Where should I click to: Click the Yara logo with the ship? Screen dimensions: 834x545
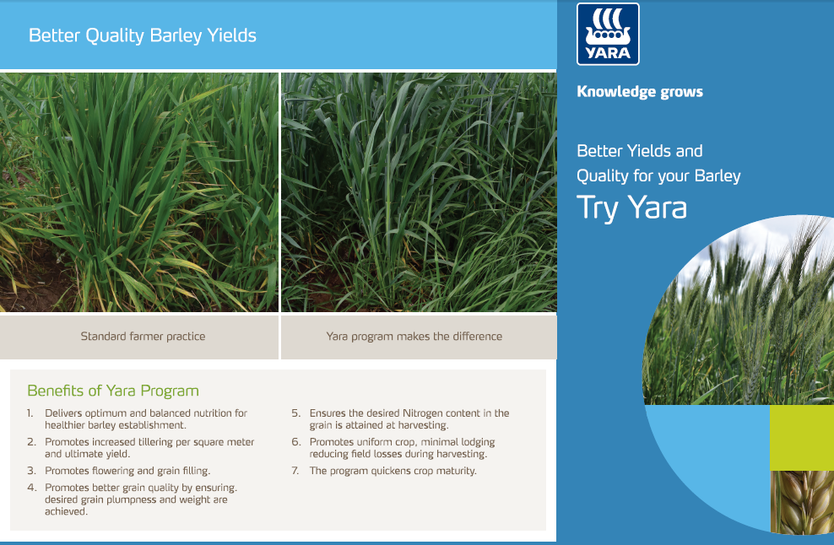coord(608,34)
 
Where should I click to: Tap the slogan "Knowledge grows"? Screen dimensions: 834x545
coord(640,92)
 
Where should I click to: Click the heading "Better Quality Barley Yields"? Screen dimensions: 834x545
coord(143,35)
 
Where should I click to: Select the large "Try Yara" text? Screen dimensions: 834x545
coord(632,208)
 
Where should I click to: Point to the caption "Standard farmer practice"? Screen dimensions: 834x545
coord(143,336)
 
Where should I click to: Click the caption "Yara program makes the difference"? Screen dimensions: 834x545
coord(414,336)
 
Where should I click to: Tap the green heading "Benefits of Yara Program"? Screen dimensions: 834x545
coord(113,391)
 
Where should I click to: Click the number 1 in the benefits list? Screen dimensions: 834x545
coord(30,413)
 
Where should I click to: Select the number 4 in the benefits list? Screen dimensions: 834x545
coord(32,488)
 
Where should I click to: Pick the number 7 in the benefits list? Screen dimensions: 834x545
coord(295,471)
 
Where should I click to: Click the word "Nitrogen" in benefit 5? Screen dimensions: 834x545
coord(422,413)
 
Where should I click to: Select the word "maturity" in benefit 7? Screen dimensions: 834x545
coord(457,471)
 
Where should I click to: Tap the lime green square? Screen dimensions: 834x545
coord(802,438)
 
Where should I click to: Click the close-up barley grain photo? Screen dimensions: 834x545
coord(802,502)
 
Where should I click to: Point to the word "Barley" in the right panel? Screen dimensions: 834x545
coord(718,176)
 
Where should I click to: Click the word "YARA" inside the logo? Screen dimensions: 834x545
coord(608,53)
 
